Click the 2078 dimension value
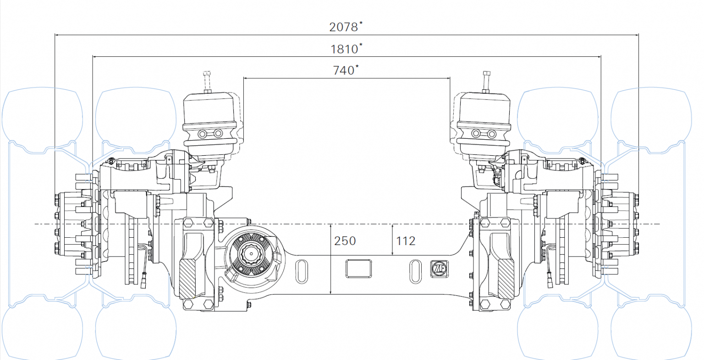coord(343,27)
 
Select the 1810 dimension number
coord(344,49)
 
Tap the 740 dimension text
coord(344,70)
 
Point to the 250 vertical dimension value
coord(345,241)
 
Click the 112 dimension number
coord(406,241)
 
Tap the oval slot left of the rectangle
coord(302,271)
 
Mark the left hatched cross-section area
coord(187,279)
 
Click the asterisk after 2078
coord(361,23)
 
